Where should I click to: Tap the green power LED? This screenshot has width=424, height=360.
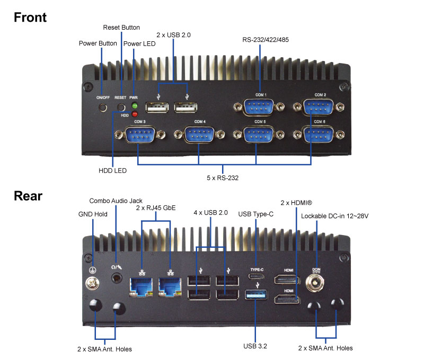coord(135,106)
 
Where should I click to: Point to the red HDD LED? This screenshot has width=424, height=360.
coord(135,114)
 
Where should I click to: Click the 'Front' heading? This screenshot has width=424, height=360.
coord(30,17)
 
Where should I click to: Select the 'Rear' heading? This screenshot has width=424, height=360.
coord(28,196)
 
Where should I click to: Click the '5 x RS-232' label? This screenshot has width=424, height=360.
coord(222,178)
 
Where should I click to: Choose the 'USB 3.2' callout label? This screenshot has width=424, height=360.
coord(255,347)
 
